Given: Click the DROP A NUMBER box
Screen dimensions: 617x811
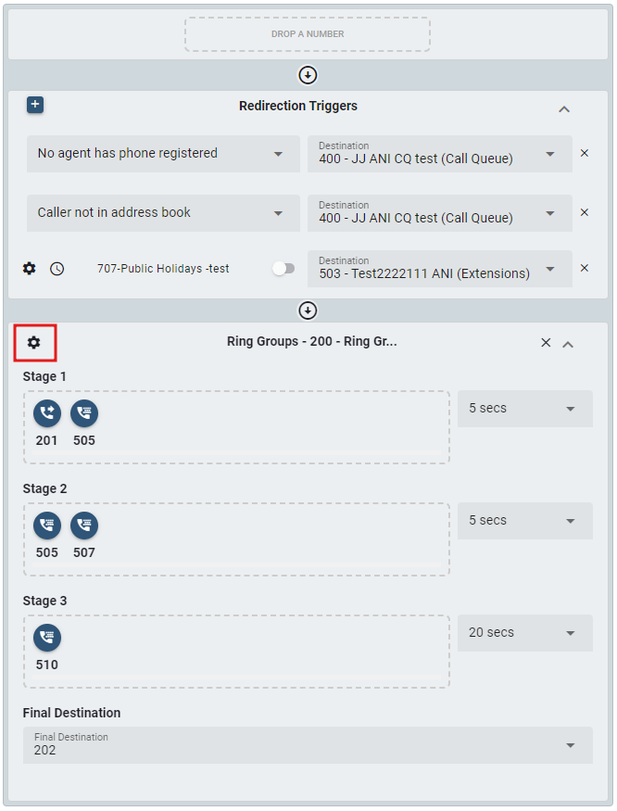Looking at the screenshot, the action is pos(308,34).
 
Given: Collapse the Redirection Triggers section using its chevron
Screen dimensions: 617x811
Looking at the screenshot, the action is pos(564,109).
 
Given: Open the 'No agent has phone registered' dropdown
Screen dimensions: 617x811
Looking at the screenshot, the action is pos(163,154).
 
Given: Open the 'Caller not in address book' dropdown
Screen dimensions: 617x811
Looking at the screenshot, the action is pos(163,213).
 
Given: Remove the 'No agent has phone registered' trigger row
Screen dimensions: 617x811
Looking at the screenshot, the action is pos(585,153).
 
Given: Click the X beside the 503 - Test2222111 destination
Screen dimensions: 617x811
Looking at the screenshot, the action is pos(585,268).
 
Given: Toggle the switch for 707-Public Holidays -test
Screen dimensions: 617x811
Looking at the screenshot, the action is pos(283,269).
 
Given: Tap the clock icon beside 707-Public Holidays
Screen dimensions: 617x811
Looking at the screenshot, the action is pos(57,269).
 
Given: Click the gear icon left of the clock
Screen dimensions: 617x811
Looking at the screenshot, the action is pos(30,269).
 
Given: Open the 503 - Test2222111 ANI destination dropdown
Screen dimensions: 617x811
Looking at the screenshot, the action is pos(440,269).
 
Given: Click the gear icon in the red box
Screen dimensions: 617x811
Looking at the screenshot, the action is pos(33,342).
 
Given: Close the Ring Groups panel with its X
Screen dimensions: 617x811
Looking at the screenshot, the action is pos(546,342).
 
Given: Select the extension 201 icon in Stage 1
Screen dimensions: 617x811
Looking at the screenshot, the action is pos(47,413).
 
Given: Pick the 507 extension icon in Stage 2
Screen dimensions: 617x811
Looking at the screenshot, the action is pos(84,526).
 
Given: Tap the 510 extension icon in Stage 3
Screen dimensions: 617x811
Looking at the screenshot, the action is pos(47,638).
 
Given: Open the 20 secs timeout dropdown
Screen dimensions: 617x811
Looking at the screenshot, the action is pos(525,633).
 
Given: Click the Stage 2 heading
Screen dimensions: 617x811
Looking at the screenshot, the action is pos(45,488).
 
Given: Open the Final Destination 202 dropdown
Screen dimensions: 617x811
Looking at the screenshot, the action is pos(308,745).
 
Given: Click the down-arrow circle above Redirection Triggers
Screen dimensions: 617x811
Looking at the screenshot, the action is pos(308,75).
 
